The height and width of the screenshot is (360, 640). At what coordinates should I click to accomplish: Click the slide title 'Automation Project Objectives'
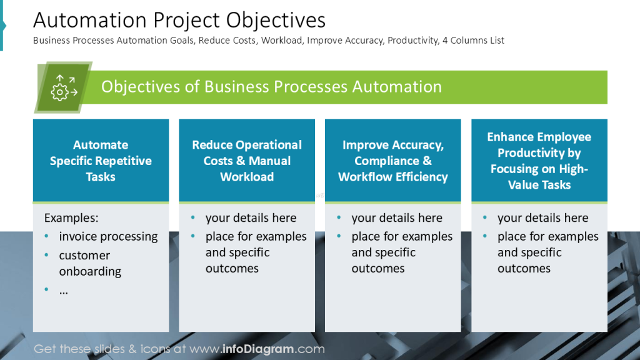pos(179,20)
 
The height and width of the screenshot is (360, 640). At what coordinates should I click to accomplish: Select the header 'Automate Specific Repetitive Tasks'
pos(101,161)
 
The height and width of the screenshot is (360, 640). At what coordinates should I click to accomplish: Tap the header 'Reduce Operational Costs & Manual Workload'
pos(247,161)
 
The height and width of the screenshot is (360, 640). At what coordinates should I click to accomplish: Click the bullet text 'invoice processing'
pos(108,237)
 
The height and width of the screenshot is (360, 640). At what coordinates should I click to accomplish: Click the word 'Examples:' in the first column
pos(71,218)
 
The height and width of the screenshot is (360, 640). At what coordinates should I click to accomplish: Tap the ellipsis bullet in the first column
pos(63,290)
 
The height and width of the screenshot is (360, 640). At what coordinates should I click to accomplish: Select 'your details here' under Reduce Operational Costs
pos(251,218)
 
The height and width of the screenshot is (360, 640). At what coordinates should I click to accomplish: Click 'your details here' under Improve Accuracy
pos(397,218)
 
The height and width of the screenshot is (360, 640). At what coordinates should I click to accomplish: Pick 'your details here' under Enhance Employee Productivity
pos(542,218)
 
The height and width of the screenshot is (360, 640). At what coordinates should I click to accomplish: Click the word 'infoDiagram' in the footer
pos(259,349)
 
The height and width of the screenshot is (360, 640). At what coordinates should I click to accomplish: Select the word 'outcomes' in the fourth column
pos(524,269)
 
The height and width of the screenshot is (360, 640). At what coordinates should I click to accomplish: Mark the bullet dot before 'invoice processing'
pos(48,237)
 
